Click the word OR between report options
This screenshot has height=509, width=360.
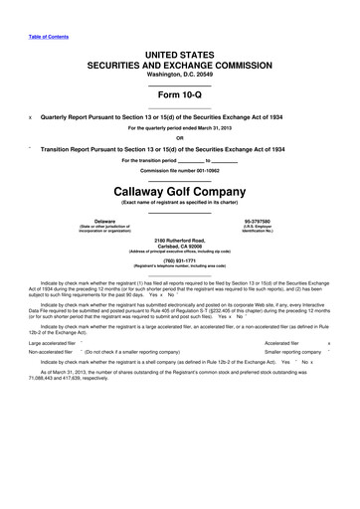[x=180, y=137]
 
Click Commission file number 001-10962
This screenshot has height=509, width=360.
[x=180, y=171]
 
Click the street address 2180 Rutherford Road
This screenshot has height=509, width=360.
[x=180, y=241]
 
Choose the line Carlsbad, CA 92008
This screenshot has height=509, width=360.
[x=180, y=248]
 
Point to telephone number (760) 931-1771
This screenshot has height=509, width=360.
[x=180, y=261]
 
